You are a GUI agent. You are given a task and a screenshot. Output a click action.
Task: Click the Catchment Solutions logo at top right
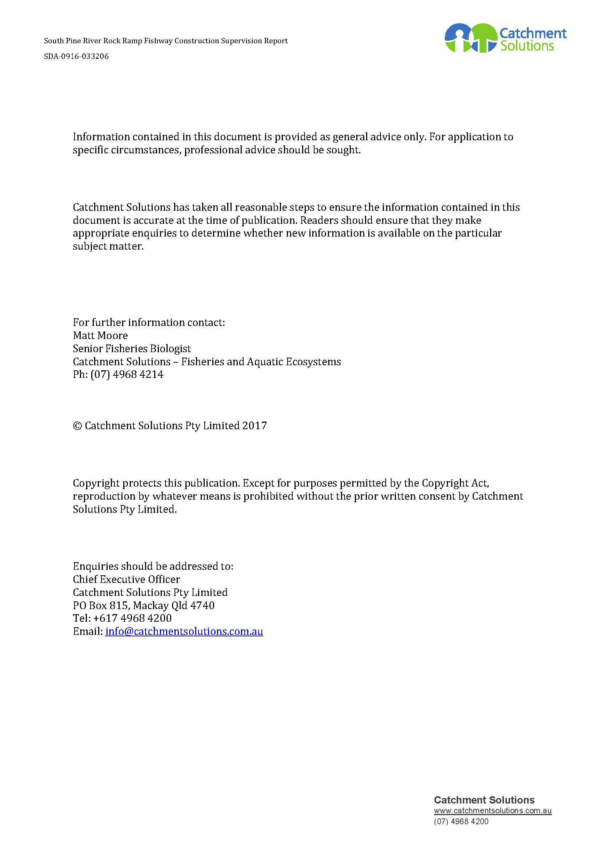coord(505,38)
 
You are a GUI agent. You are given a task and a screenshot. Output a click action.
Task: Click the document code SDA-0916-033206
coord(76,57)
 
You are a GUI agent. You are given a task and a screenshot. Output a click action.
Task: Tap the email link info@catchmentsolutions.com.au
coord(184,631)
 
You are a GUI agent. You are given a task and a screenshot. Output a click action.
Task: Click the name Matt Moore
coord(100,335)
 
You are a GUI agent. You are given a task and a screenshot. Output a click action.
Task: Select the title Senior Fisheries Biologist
coord(132,349)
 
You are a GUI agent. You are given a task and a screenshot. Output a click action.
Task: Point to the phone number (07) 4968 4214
coord(127,374)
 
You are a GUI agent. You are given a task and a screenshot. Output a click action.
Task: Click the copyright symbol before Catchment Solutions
coord(77,426)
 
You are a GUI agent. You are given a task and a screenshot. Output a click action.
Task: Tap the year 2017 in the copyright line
coord(255,426)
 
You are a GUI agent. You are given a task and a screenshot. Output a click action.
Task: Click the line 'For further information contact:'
coord(149,322)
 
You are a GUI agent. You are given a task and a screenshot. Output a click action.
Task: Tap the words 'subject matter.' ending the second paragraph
coord(108,246)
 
